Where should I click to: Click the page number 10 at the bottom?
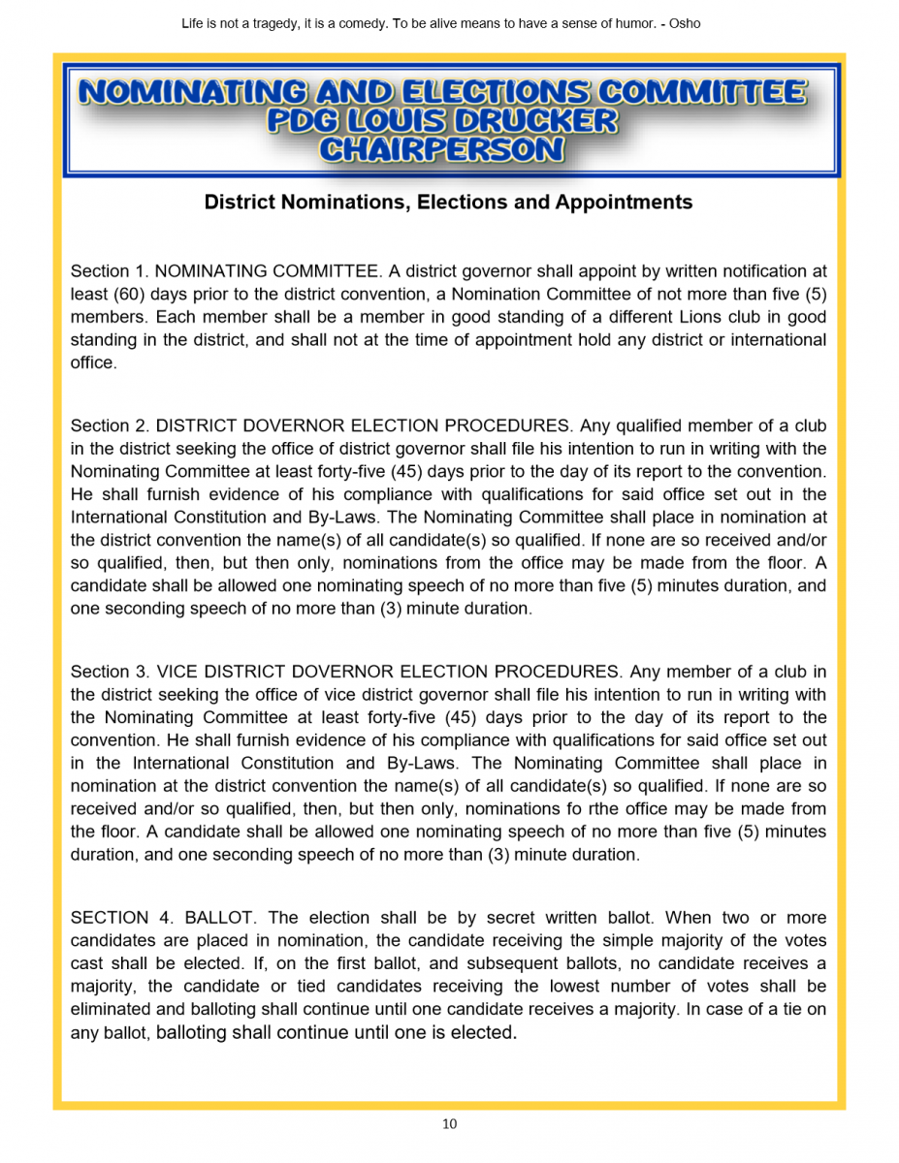[x=449, y=1124]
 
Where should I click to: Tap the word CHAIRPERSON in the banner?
[x=441, y=149]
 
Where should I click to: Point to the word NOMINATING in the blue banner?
[x=191, y=92]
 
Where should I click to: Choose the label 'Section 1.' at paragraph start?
[x=109, y=271]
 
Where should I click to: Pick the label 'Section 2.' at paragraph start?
[x=109, y=426]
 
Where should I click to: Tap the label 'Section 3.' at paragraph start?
[x=109, y=672]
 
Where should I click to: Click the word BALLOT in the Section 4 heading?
[x=219, y=918]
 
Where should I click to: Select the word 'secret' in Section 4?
[x=510, y=918]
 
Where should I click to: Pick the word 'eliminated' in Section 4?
[x=111, y=1010]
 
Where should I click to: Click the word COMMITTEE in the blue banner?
[x=701, y=92]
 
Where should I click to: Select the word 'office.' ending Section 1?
[x=93, y=363]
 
